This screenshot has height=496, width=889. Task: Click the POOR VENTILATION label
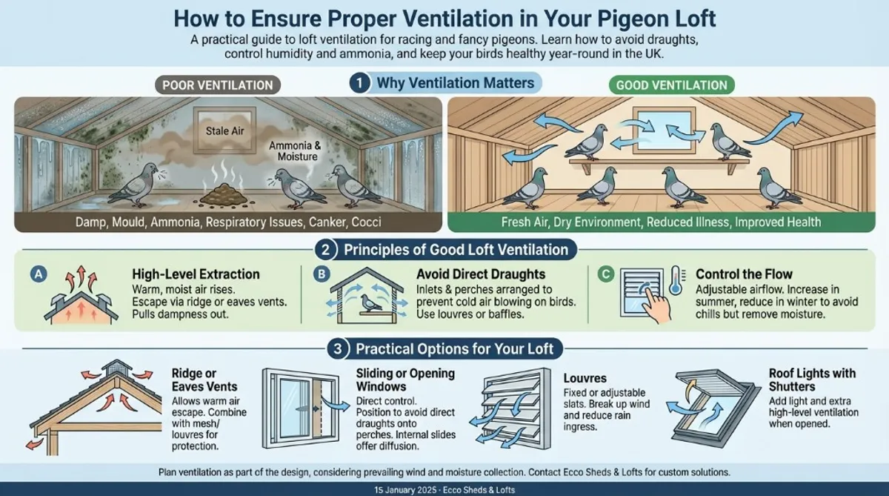tap(216, 85)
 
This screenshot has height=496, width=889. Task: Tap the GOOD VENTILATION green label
tap(670, 85)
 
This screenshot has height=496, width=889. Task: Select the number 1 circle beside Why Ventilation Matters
tap(359, 83)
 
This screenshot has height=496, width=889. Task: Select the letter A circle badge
tap(36, 274)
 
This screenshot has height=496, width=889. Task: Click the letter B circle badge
tap(321, 274)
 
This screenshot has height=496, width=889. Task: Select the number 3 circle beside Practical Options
tap(338, 348)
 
